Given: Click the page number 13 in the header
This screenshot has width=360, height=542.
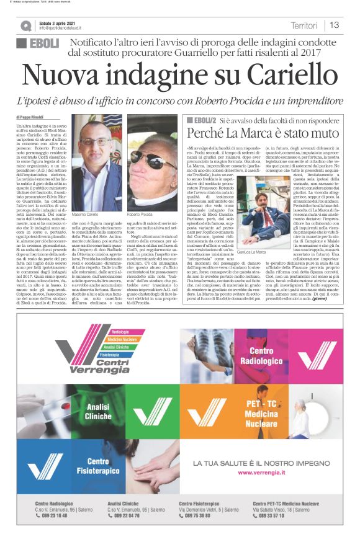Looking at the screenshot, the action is coord(334,25).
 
